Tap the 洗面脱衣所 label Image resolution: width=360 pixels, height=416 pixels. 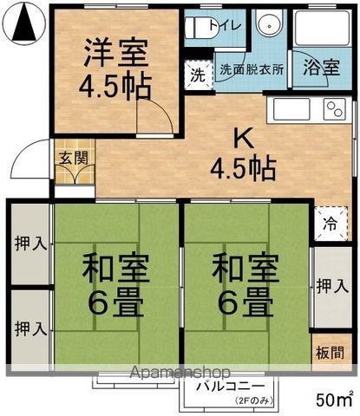252,68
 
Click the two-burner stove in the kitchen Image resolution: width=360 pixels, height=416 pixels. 334,109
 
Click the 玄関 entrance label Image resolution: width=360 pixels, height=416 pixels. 72,158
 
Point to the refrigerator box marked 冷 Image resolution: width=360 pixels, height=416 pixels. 331,222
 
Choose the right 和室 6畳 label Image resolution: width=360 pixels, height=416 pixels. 245,285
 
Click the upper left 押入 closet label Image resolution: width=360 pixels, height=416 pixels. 30,245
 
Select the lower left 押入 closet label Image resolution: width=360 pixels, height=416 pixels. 30,329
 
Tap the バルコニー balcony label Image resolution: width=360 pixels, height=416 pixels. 230,387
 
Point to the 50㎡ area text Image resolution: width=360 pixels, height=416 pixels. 334,400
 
